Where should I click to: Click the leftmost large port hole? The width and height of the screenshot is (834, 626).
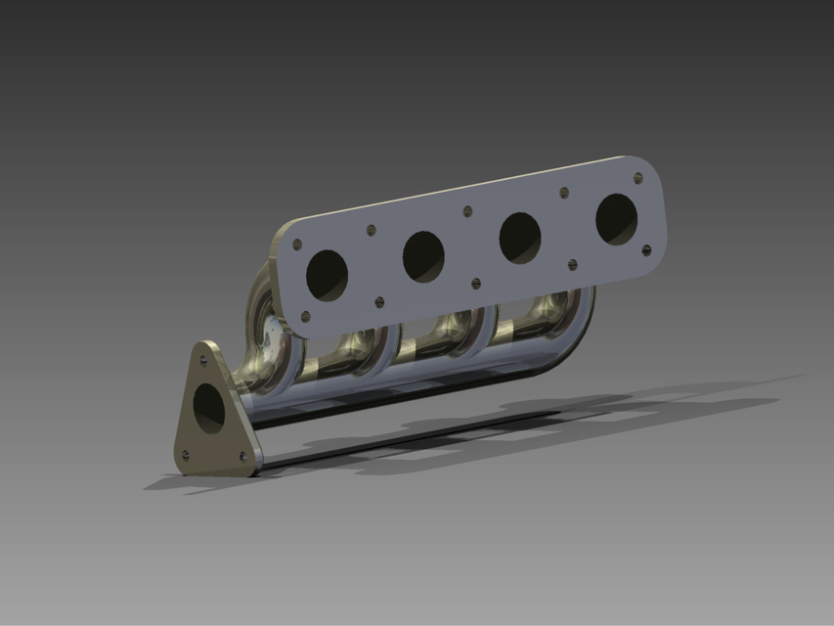pos(327,275)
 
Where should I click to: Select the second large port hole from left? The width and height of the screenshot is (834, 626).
pos(423,256)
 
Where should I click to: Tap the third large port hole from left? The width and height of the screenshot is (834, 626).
pos(520,238)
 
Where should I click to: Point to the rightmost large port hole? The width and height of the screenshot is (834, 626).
pos(617,219)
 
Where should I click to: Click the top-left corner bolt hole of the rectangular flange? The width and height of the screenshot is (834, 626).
pos(297,245)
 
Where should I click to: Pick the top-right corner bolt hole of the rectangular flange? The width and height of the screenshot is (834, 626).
pos(638,178)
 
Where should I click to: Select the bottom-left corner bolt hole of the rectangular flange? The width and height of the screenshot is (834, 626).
pos(305,316)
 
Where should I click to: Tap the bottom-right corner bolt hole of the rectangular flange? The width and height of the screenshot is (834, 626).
pos(646,249)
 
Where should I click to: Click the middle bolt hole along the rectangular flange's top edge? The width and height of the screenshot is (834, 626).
pos(467,211)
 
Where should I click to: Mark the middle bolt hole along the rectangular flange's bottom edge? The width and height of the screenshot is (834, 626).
pos(476,284)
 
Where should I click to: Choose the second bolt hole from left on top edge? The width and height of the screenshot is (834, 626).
pos(371,231)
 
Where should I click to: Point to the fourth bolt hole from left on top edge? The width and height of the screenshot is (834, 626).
pos(564,193)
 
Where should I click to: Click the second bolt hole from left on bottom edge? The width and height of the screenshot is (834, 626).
pos(379,302)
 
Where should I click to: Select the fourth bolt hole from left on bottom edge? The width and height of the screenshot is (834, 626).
pos(573,264)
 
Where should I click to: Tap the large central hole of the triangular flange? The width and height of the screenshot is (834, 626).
pos(208,407)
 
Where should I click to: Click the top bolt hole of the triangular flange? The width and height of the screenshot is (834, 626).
pos(203,360)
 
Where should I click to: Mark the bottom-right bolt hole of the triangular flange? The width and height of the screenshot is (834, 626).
pos(242,456)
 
